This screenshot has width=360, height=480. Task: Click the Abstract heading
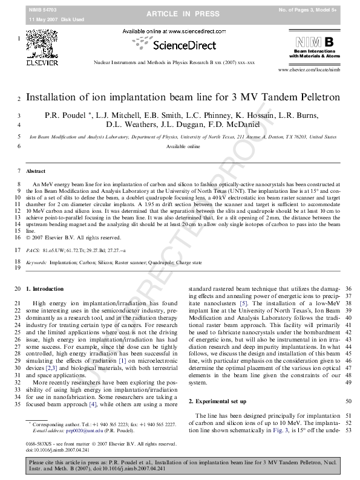coord(36,172)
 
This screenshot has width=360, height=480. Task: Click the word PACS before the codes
coord(33,249)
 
